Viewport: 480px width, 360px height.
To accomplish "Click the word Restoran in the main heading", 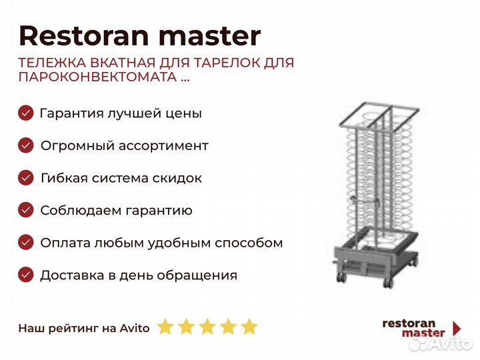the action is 84,36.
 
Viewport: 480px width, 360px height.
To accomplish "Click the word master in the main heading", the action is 210,37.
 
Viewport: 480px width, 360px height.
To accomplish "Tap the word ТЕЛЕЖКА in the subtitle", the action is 53,63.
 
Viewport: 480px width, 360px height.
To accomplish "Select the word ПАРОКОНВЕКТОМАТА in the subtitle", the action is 97,77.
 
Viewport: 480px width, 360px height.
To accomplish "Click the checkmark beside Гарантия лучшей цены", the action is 26,113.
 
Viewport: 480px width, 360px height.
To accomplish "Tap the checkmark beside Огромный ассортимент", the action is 26,145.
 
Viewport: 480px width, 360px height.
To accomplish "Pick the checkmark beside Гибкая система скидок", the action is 26,177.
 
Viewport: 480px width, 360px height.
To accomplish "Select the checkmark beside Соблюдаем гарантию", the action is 26,210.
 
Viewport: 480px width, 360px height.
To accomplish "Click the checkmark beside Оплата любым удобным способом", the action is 26,243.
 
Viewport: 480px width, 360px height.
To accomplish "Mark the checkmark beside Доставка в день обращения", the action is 26,275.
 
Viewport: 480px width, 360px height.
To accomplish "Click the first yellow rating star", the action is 165,326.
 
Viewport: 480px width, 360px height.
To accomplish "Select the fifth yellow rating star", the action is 249,326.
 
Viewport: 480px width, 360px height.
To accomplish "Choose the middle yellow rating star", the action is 207,326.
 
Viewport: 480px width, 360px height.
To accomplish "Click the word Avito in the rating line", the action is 135,328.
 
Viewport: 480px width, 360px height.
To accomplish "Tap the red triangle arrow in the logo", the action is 457,329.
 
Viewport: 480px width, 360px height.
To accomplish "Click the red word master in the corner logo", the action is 423,333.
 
